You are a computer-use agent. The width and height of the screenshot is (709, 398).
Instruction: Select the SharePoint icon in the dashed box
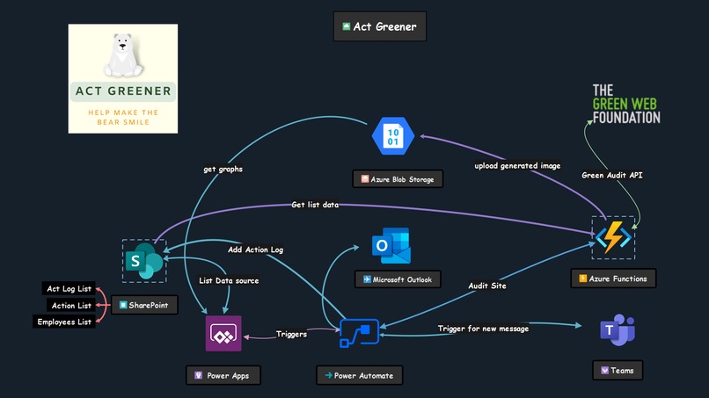[144, 261]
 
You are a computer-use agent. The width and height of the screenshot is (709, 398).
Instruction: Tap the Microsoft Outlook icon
[390, 247]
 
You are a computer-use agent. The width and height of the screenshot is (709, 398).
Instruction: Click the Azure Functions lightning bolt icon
[612, 236]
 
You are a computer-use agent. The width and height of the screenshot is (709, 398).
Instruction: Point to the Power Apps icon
[223, 335]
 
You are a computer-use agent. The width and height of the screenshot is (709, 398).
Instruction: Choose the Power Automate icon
[359, 335]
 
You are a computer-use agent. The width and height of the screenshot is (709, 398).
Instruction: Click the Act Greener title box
[380, 26]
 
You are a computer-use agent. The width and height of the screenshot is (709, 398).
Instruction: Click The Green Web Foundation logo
[625, 104]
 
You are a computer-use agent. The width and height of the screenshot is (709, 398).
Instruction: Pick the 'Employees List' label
[64, 322]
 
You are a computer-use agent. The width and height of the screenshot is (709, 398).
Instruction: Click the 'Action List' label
[70, 306]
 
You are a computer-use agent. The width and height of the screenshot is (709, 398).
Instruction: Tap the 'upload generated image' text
[517, 165]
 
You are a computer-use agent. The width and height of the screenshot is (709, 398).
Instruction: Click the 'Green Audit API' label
[611, 175]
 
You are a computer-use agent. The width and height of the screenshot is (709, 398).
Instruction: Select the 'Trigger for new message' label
[484, 329]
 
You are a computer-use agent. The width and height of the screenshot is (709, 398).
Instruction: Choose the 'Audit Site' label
[486, 286]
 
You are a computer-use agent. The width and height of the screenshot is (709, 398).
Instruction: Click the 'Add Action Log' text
[255, 250]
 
